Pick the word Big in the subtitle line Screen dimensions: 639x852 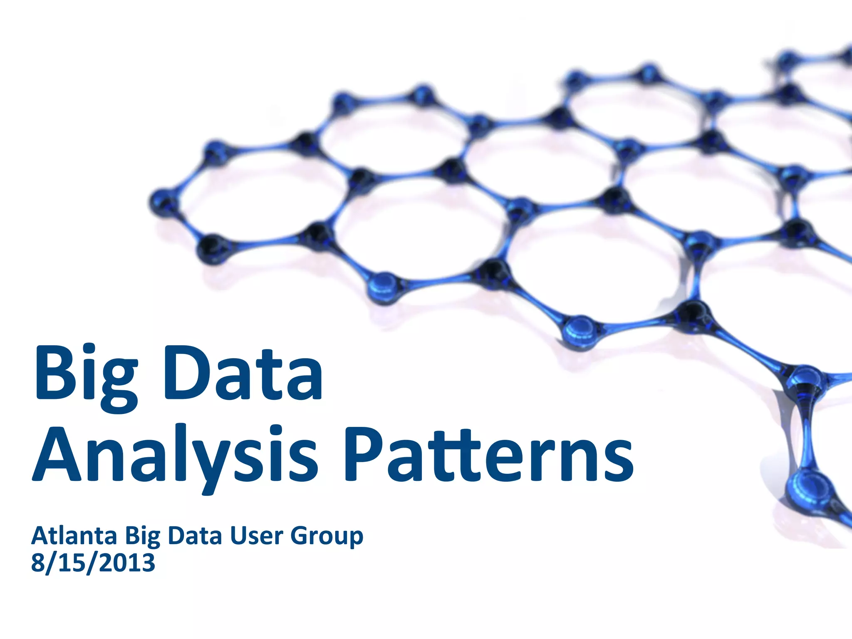click(x=142, y=536)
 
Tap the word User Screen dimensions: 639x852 click(x=256, y=535)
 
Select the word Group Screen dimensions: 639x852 click(x=327, y=536)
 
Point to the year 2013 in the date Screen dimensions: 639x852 click(x=127, y=562)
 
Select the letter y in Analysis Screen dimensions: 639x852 click(x=218, y=462)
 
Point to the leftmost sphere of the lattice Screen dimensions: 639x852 click(x=163, y=203)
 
